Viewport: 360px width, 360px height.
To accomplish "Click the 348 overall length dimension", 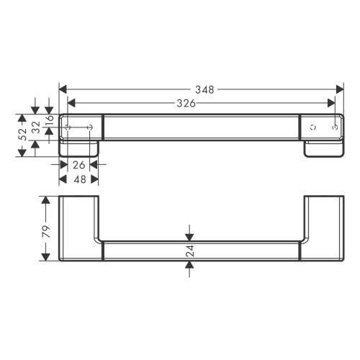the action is click(204, 90).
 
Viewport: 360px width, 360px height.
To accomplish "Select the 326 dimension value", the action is click(186, 104).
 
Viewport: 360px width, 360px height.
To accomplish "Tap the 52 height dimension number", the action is click(22, 134).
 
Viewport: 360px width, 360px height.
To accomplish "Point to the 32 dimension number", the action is click(36, 127).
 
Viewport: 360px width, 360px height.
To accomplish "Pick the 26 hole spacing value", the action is click(78, 165).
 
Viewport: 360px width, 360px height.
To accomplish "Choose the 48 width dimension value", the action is click(80, 179).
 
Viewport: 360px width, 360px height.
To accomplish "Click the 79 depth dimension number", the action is click(46, 231).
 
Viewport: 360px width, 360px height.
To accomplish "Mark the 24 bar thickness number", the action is click(190, 251).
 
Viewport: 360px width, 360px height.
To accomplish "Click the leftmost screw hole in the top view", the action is click(68, 127).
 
